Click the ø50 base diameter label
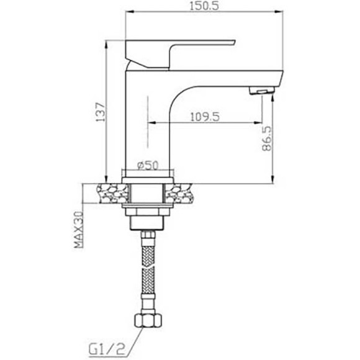[x=149, y=164]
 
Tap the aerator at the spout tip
[x=261, y=92]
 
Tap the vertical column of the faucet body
[x=138, y=124]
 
